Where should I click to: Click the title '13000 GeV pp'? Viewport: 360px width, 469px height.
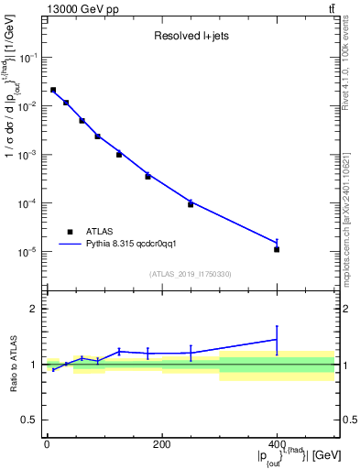(x=81, y=8)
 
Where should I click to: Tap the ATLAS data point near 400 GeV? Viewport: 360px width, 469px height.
(x=277, y=249)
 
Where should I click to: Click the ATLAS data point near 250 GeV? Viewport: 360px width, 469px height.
(x=191, y=203)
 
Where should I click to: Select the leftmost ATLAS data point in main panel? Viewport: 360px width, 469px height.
(x=53, y=90)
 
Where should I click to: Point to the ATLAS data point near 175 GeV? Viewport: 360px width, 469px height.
(x=147, y=176)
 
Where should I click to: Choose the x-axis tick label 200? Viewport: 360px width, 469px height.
(x=161, y=444)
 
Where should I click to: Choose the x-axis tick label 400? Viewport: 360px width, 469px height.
(x=277, y=444)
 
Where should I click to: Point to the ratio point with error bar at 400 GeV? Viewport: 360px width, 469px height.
(x=277, y=340)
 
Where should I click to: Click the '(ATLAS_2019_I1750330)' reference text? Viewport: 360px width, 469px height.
(x=190, y=274)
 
